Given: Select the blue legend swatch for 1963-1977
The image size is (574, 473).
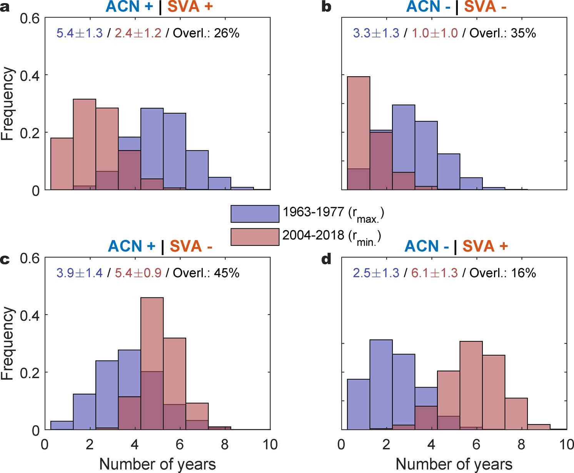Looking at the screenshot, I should (255, 214).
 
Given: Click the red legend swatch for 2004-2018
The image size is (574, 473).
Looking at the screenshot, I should (255, 237).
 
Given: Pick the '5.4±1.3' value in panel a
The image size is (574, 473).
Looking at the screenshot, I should (80, 33).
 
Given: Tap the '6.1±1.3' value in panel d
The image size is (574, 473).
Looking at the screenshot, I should (434, 273).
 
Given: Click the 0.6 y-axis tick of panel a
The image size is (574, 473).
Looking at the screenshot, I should (30, 18).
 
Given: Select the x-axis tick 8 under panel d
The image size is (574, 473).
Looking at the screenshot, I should (521, 445).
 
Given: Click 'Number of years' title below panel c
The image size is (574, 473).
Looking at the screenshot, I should (157, 464).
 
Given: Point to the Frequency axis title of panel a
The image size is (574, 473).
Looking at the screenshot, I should (7, 104).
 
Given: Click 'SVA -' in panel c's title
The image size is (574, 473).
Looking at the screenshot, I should (191, 246).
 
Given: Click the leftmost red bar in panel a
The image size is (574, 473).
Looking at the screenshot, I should (62, 164).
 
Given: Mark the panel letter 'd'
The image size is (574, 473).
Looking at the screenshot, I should (326, 259).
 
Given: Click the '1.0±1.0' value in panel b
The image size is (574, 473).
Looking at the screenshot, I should (434, 33).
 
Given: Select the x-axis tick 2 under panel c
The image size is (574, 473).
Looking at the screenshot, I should (90, 445).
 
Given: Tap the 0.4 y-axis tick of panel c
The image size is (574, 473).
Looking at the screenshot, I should (30, 315).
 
